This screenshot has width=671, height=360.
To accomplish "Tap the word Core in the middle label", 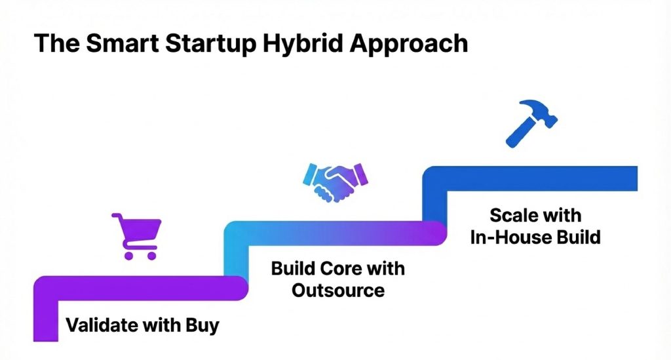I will (x=345, y=269).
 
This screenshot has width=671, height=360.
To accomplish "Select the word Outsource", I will (x=338, y=289).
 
